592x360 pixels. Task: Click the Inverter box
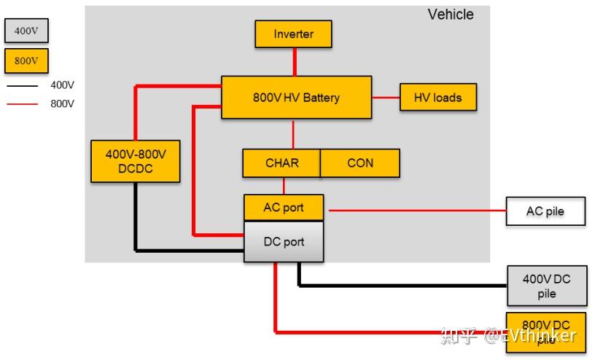pyautogui.click(x=293, y=34)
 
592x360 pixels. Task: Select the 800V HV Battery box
pyautogui.click(x=297, y=98)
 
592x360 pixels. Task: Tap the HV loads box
pyautogui.click(x=438, y=98)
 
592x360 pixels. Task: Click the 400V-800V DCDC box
pyautogui.click(x=136, y=162)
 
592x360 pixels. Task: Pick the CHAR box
pyautogui.click(x=281, y=163)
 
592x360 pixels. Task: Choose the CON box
pyautogui.click(x=360, y=163)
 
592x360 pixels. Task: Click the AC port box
pyautogui.click(x=284, y=208)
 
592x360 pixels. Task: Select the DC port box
pyautogui.click(x=284, y=241)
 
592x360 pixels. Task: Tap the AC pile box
pyautogui.click(x=545, y=211)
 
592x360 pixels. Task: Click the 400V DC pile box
pyautogui.click(x=547, y=286)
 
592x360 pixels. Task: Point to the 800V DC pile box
pyautogui.click(x=546, y=332)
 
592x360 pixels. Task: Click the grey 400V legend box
pyautogui.click(x=26, y=31)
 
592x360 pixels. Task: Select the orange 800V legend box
pyautogui.click(x=26, y=60)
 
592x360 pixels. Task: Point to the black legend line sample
pyautogui.click(x=23, y=86)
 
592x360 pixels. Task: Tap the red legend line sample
pyautogui.click(x=23, y=103)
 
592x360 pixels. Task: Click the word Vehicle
pyautogui.click(x=451, y=15)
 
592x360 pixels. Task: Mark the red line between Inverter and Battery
pyautogui.click(x=295, y=62)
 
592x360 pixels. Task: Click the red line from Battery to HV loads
pyautogui.click(x=386, y=98)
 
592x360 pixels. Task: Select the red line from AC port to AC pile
pyautogui.click(x=418, y=211)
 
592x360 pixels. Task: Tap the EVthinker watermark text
pyautogui.click(x=531, y=335)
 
